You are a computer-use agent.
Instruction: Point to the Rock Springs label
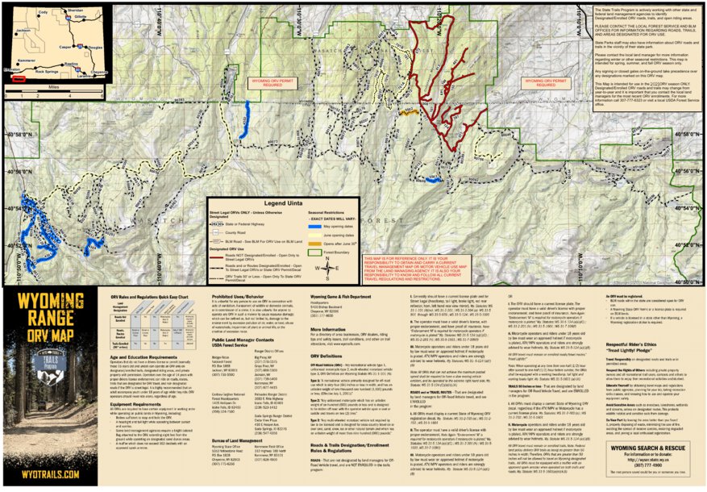click(51, 70)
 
